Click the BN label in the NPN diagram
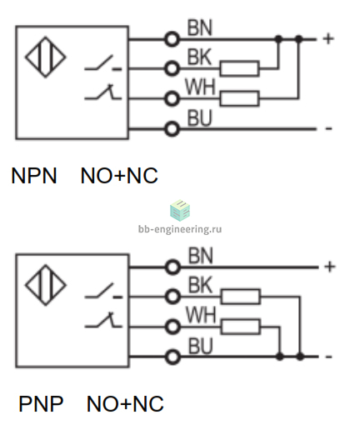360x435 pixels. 200,27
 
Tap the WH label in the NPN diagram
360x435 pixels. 200,87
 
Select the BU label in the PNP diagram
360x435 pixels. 201,346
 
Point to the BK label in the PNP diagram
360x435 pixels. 200,285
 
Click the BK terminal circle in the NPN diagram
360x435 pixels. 172,68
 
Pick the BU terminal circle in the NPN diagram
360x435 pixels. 172,129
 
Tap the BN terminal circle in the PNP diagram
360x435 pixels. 172,267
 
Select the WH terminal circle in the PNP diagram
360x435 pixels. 172,327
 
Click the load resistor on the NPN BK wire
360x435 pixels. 239,68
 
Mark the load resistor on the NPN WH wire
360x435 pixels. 239,98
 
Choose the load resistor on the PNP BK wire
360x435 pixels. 241,297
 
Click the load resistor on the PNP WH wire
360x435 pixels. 241,327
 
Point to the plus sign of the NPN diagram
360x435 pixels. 328,39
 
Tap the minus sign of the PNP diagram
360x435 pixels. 328,357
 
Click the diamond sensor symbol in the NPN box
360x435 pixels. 46,57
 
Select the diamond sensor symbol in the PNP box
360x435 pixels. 46,285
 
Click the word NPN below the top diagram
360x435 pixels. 34,176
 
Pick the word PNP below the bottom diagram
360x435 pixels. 41,403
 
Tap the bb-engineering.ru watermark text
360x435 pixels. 180,229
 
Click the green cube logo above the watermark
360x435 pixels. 180,210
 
